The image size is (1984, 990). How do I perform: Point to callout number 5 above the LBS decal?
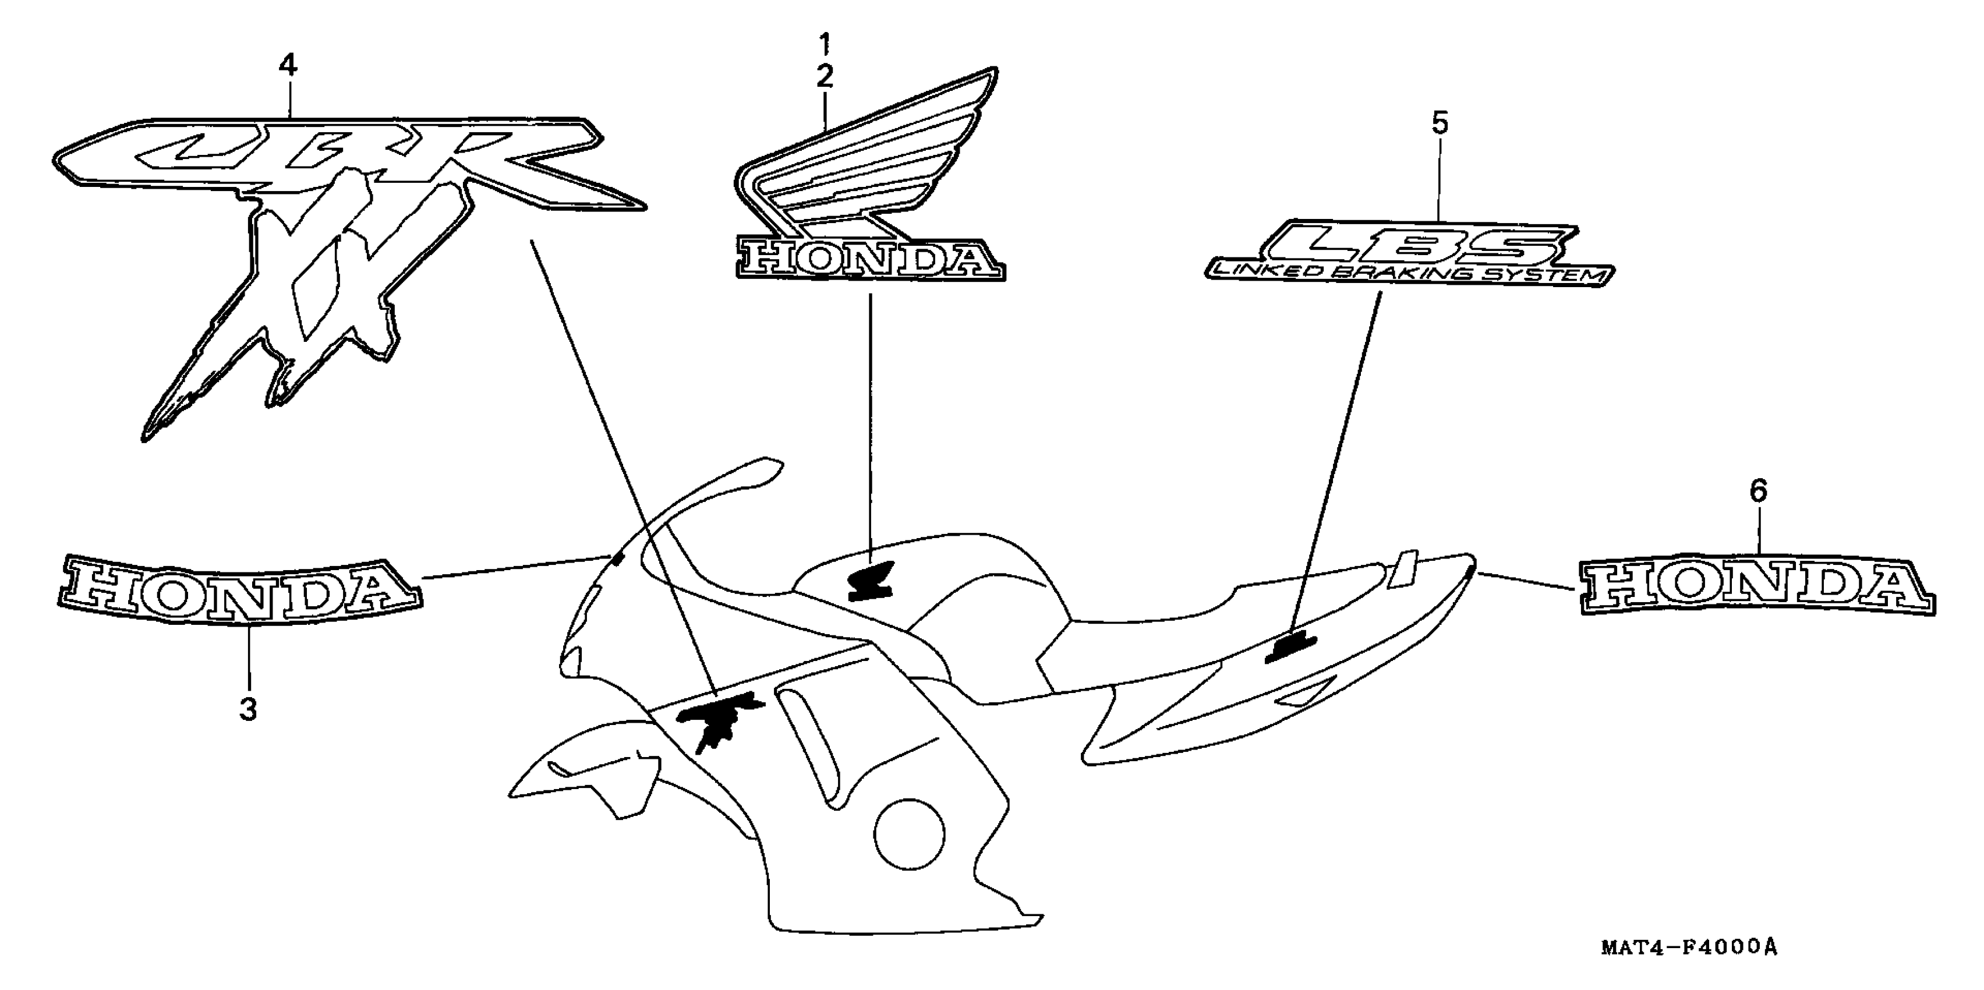point(1440,123)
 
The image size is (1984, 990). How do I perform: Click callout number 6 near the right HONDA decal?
point(1758,491)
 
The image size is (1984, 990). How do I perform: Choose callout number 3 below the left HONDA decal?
point(248,709)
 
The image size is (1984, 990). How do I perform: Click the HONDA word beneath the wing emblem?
point(871,260)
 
